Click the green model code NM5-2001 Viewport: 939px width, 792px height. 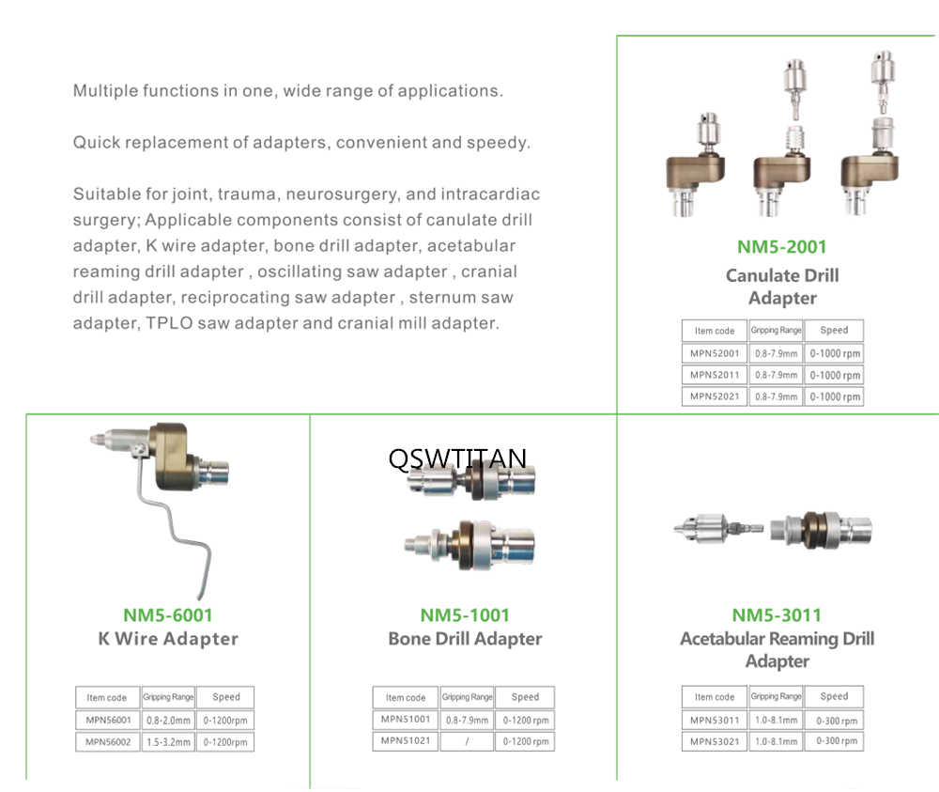coord(781,246)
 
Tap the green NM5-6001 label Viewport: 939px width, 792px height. coord(168,614)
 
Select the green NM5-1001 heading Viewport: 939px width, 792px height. coord(465,614)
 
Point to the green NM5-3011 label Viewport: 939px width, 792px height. coord(777,614)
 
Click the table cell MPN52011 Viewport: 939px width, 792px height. coord(715,375)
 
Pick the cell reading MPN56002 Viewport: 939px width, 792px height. coord(108,741)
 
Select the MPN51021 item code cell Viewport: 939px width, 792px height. coord(406,740)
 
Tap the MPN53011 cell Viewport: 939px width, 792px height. coord(715,720)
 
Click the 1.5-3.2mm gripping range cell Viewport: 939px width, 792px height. coord(168,741)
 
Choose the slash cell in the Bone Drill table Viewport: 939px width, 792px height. coord(467,741)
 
